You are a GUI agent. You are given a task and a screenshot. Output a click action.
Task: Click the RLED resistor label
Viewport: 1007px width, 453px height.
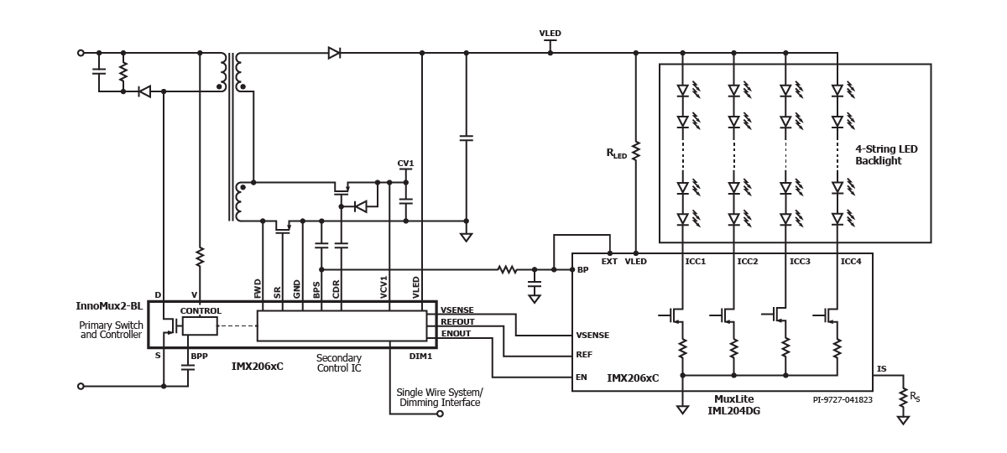pyautogui.click(x=616, y=154)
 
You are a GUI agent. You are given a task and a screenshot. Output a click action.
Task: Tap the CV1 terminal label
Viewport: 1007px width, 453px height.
pyautogui.click(x=405, y=163)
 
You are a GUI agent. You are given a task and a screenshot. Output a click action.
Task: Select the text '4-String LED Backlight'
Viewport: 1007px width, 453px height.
pyautogui.click(x=886, y=154)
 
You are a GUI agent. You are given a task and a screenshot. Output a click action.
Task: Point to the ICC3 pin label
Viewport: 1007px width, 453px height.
pyautogui.click(x=800, y=262)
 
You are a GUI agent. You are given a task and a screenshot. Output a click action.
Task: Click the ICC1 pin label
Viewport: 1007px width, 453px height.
pyautogui.click(x=696, y=262)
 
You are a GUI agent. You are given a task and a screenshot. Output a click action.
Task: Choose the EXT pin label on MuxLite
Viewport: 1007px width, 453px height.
pyautogui.click(x=609, y=262)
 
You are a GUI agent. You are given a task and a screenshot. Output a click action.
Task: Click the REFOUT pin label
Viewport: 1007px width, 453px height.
pyautogui.click(x=457, y=322)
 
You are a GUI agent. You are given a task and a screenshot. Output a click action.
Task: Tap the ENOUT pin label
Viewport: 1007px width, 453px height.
pyautogui.click(x=456, y=334)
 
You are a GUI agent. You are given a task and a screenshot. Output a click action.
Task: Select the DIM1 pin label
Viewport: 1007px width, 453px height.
pyautogui.click(x=420, y=357)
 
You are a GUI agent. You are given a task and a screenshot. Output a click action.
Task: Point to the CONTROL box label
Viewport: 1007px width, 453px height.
pyautogui.click(x=201, y=311)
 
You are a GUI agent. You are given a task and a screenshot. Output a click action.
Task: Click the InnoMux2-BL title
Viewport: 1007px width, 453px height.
pyautogui.click(x=109, y=306)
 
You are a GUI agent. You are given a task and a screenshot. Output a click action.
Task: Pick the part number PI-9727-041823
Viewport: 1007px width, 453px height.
pyautogui.click(x=843, y=400)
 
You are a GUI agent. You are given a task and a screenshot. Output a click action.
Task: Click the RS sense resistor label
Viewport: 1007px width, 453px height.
pyautogui.click(x=915, y=397)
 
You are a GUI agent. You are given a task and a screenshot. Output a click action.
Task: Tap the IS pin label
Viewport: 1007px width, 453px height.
pyautogui.click(x=882, y=369)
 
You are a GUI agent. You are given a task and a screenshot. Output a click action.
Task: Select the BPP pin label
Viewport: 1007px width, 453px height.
pyautogui.click(x=199, y=357)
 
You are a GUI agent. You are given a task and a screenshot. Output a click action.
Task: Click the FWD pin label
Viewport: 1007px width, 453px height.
pyautogui.click(x=258, y=289)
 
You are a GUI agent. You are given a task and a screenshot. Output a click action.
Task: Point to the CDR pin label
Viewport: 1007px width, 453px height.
pyautogui.click(x=336, y=289)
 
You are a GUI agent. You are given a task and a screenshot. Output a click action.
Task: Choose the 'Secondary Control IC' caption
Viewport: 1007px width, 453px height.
pyautogui.click(x=339, y=363)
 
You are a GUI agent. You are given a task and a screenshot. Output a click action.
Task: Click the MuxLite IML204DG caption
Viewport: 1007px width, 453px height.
pyautogui.click(x=733, y=405)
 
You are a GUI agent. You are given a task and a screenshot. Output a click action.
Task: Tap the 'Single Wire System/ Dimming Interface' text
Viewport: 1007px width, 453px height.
pyautogui.click(x=440, y=398)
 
